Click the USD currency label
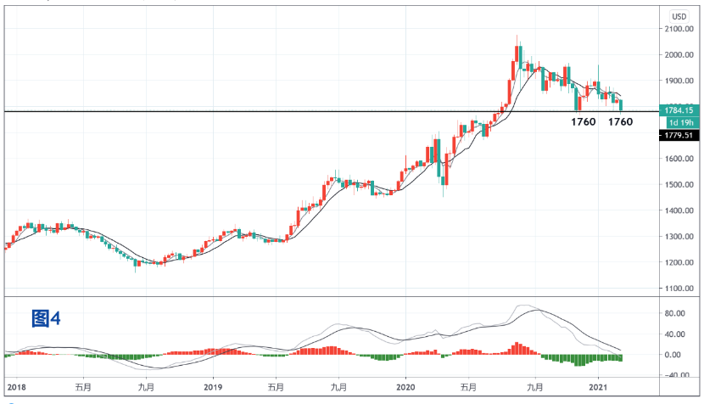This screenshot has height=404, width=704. [x=679, y=16]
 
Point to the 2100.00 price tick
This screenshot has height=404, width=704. [x=681, y=29]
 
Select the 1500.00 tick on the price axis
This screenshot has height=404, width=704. [x=681, y=184]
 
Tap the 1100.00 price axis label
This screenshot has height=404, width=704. [x=681, y=289]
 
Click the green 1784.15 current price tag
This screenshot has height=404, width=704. [x=680, y=109]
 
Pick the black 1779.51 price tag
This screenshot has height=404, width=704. [x=680, y=134]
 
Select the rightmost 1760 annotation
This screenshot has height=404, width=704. [x=621, y=122]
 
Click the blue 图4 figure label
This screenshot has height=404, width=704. [x=47, y=318]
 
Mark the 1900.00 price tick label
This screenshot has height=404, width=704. [x=681, y=81]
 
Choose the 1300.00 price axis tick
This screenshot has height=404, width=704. [x=681, y=237]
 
